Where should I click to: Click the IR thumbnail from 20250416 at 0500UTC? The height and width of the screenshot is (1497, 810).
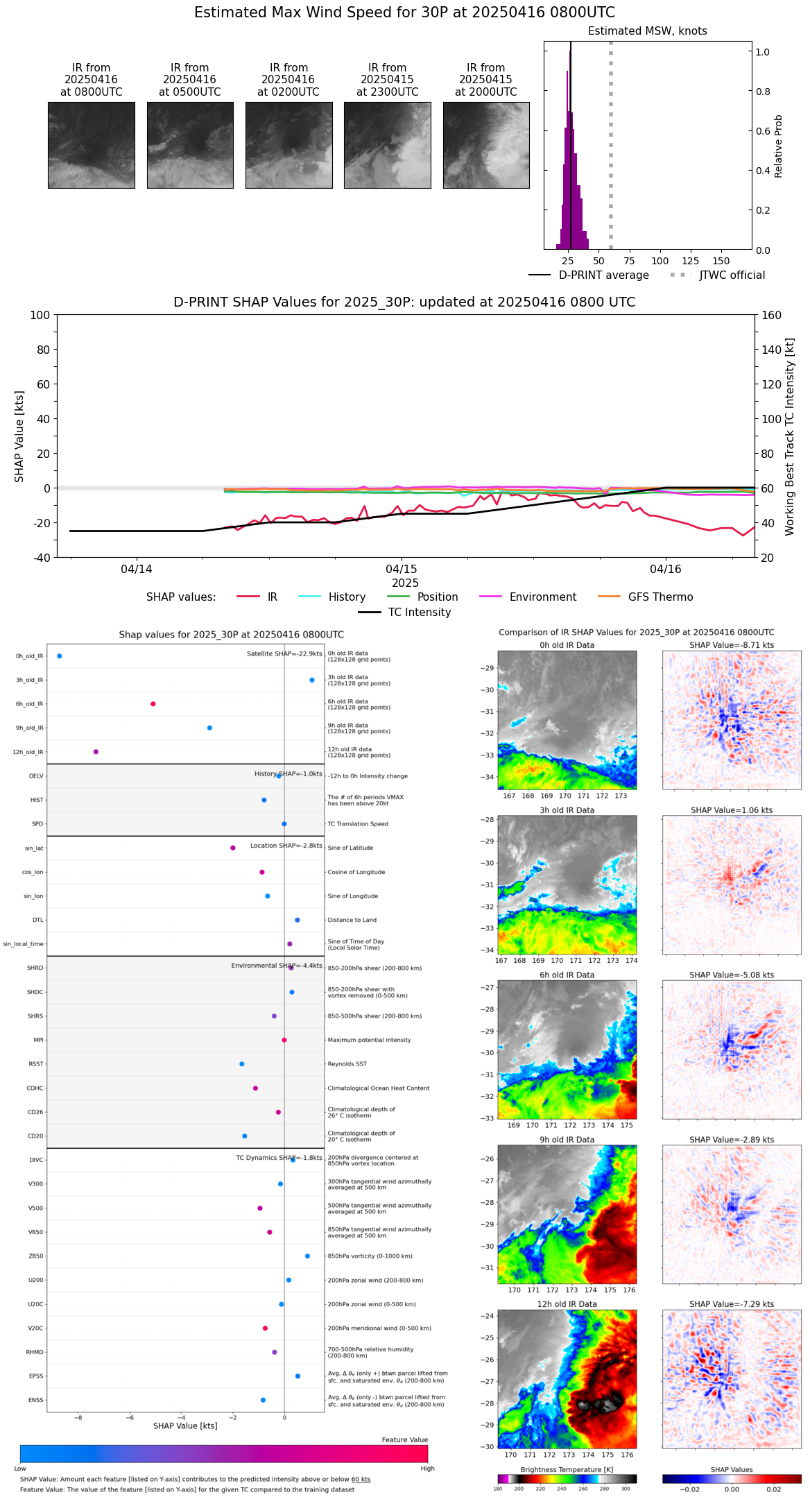click(x=190, y=145)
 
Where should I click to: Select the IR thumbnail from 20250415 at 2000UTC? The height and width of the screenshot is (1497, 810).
click(x=486, y=145)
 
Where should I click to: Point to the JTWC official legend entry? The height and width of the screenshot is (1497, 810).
click(x=732, y=275)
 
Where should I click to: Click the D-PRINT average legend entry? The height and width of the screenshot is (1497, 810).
click(x=603, y=275)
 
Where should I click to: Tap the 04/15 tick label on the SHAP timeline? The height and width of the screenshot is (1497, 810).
click(x=402, y=569)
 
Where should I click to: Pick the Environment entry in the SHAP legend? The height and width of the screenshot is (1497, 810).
click(x=542, y=597)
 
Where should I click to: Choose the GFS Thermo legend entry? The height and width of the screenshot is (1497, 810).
click(x=660, y=597)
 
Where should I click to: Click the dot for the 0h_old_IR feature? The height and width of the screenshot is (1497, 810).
click(x=60, y=656)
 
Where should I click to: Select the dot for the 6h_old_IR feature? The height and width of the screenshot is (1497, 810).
click(x=153, y=704)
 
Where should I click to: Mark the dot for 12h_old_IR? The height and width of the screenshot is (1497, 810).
click(x=96, y=752)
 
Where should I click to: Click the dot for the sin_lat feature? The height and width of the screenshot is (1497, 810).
click(x=233, y=848)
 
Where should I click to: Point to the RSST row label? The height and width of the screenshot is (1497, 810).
click(x=36, y=1064)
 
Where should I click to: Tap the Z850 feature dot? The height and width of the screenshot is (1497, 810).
click(x=308, y=1256)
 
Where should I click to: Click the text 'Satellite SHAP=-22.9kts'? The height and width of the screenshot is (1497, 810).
click(x=284, y=654)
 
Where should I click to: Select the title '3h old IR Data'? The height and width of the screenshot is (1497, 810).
click(x=567, y=810)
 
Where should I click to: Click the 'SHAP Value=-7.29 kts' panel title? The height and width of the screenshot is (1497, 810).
click(x=732, y=1304)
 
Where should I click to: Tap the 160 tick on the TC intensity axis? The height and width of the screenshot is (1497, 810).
click(x=771, y=315)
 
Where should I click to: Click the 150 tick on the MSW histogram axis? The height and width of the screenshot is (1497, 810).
click(x=721, y=262)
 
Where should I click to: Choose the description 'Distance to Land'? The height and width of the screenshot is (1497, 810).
click(x=352, y=920)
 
